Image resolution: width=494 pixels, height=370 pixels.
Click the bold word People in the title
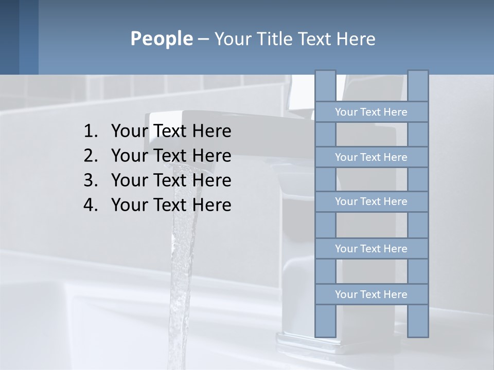click(x=161, y=39)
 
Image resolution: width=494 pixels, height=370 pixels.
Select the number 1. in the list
click(x=91, y=132)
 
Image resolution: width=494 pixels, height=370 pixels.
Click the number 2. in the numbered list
click(x=91, y=156)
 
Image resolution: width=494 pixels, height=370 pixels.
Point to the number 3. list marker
click(x=91, y=180)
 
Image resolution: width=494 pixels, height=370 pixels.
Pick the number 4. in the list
click(x=91, y=205)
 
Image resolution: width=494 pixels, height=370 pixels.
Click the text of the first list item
click(x=171, y=132)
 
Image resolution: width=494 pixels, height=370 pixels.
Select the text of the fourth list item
click(x=171, y=205)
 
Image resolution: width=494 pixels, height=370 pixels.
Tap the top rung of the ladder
click(x=371, y=112)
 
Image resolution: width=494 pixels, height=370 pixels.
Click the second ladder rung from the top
click(x=371, y=157)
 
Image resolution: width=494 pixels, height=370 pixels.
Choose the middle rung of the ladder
click(x=371, y=201)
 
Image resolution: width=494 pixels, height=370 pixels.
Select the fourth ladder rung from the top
click(x=371, y=249)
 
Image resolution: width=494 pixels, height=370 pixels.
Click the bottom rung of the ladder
click(x=371, y=294)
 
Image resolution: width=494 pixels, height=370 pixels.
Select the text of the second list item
click(x=171, y=156)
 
